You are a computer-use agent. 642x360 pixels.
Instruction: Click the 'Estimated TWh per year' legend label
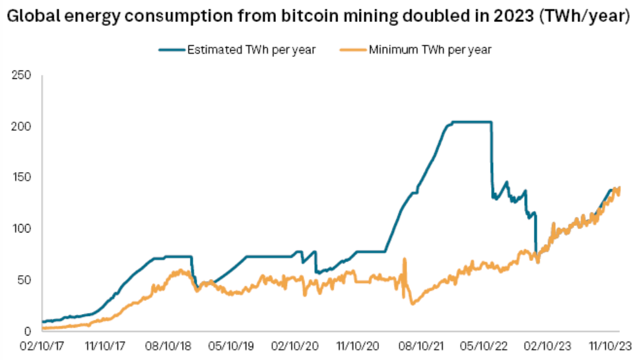[x=251, y=50]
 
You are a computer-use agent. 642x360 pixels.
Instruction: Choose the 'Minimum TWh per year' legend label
[x=430, y=50]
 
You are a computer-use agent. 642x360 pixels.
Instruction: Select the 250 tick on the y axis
[x=23, y=76]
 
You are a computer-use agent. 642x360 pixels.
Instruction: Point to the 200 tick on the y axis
[x=23, y=127]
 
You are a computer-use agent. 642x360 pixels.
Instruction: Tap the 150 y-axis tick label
[x=23, y=178]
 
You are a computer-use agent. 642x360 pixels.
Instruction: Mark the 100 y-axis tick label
[x=23, y=229]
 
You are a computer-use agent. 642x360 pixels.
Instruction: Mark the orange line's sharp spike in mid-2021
[x=404, y=260]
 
